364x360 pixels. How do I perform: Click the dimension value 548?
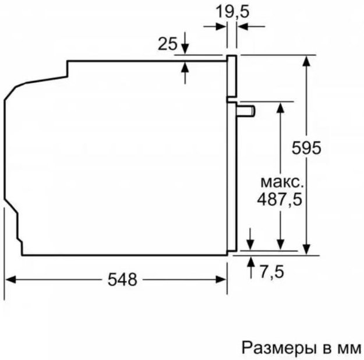(x=122, y=280)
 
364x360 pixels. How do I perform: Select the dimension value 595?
(x=306, y=148)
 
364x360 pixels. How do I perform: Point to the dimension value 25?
(x=167, y=44)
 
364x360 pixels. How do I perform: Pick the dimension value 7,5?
(x=271, y=272)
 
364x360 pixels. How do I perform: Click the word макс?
(x=281, y=180)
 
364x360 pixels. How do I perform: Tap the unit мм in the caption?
(x=349, y=348)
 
